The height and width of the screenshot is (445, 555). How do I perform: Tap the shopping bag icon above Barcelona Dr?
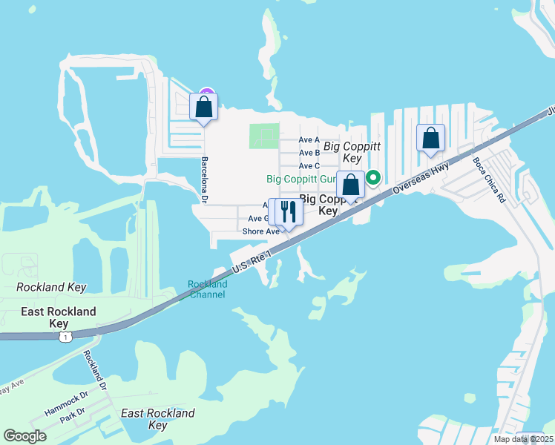point(204,108)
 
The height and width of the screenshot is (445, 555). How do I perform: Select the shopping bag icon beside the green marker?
point(350,185)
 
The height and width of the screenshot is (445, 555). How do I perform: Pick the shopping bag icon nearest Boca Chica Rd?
point(430,138)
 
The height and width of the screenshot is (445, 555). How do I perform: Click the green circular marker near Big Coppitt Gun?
point(374,177)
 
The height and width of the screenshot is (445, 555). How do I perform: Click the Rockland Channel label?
point(208,289)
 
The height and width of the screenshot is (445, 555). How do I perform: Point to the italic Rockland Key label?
point(51,287)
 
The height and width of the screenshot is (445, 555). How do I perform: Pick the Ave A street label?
point(309,139)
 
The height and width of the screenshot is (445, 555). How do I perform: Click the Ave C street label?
point(309,165)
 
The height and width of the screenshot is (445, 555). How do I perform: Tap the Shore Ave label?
point(260,231)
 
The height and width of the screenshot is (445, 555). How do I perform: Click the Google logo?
point(26,436)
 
